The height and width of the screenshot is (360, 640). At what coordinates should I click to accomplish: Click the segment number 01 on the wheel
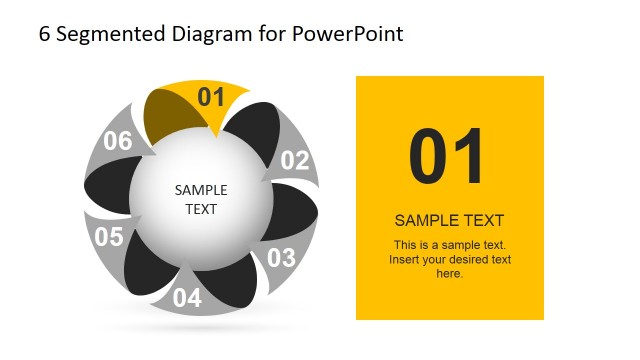tap(211, 97)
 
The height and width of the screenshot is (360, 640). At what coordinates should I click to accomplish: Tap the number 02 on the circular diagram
tap(295, 160)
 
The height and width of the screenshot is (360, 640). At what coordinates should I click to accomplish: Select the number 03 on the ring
tap(281, 257)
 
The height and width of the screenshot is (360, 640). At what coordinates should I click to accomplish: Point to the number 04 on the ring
tap(187, 297)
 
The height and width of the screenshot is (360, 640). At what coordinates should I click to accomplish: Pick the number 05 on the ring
tap(108, 237)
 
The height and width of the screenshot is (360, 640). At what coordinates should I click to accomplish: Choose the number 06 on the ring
tap(118, 141)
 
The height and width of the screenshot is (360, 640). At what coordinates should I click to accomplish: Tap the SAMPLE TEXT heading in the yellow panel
tap(449, 221)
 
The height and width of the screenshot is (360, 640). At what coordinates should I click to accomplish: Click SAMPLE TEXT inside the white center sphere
tap(201, 199)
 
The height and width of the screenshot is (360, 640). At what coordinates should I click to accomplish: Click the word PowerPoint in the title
tap(348, 34)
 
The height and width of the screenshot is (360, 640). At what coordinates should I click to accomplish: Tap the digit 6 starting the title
tap(45, 34)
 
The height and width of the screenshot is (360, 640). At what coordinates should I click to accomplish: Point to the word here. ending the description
tap(449, 273)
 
